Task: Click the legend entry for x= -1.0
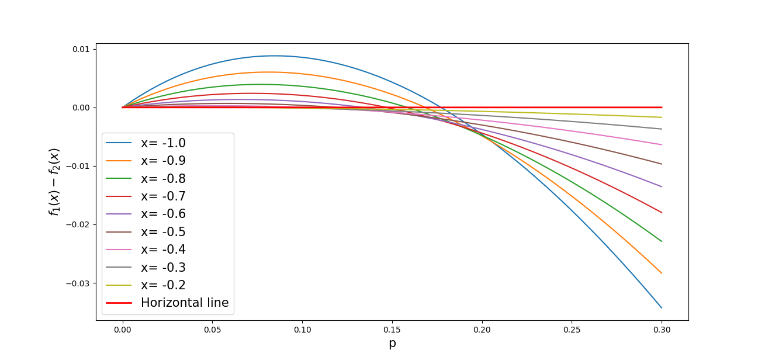point(146,143)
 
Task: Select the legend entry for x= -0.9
point(146,161)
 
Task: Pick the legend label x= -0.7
point(163,196)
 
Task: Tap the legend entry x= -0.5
point(146,232)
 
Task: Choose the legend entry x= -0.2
point(146,285)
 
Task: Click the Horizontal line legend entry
point(167,303)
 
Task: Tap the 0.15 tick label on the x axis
point(392,330)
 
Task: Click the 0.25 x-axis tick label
point(572,330)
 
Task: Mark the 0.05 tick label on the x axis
point(212,330)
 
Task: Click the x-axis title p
point(392,343)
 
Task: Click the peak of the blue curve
point(275,56)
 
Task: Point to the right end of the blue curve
point(662,308)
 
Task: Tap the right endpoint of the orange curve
point(662,274)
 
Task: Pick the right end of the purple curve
point(662,187)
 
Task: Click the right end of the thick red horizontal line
point(662,108)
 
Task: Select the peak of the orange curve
point(268,72)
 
